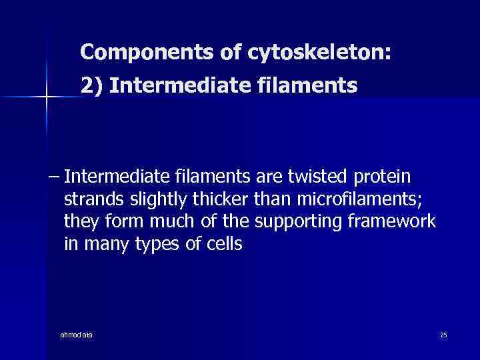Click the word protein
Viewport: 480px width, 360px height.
383,178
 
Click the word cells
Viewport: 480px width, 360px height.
223,245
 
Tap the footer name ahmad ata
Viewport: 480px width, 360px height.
76,334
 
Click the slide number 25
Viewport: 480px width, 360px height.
443,334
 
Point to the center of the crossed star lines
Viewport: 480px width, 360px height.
46,97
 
